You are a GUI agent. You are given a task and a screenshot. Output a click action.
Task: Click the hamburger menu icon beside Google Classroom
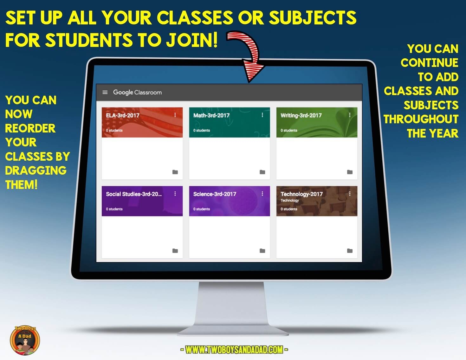[105, 92]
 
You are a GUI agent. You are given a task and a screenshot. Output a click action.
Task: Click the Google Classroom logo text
[137, 92]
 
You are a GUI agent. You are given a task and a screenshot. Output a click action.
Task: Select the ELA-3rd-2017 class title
[123, 115]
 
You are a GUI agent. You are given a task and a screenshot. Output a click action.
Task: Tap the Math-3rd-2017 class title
[211, 115]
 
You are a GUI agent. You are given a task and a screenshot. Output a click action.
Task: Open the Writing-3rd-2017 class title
[301, 115]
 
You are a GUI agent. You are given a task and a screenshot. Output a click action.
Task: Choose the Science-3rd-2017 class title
[215, 194]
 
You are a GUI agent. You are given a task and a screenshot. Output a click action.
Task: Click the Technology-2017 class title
[301, 194]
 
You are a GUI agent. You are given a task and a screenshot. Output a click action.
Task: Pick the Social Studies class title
[134, 194]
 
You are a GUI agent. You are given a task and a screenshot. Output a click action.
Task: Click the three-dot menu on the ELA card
[175, 115]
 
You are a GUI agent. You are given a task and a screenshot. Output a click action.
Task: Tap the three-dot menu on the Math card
[262, 115]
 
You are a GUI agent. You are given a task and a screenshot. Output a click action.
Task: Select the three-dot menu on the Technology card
[350, 194]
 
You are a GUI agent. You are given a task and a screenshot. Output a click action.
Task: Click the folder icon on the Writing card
[350, 172]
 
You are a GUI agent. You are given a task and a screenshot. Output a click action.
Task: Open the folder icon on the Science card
[262, 251]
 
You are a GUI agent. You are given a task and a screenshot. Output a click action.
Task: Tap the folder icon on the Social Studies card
[175, 251]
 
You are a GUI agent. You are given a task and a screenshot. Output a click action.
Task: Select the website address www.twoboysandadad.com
[234, 350]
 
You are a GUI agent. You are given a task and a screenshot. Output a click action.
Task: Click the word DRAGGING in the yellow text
[36, 170]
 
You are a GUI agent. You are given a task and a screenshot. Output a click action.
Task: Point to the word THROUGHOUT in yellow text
[421, 119]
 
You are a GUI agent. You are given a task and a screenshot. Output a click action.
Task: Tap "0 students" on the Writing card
[289, 130]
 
